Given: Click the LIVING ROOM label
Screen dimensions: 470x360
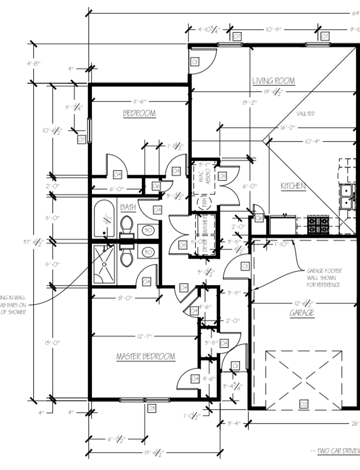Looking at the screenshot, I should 273,81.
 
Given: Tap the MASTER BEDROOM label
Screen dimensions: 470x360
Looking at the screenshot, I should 145,357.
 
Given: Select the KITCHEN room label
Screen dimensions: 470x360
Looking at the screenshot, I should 293,186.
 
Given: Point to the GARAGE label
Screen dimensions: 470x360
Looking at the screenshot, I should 302,313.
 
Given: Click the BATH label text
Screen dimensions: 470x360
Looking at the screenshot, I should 128,207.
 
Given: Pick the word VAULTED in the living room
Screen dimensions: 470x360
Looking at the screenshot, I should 305,114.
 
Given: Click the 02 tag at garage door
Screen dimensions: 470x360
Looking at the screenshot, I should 303,405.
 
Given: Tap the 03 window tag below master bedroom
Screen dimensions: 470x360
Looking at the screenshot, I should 151,408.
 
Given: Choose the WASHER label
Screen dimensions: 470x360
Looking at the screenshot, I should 205,225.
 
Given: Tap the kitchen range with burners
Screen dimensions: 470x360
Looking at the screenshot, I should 319,225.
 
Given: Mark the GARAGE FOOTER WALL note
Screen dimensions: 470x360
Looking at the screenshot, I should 324,278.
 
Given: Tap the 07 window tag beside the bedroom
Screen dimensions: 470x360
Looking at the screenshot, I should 81,139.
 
